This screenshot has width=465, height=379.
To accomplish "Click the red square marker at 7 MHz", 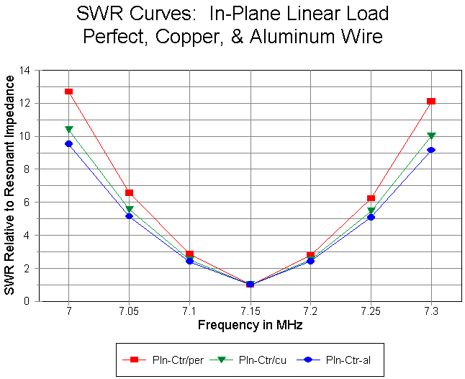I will pos(68,92).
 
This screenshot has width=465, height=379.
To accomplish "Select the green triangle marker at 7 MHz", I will pos(68,130).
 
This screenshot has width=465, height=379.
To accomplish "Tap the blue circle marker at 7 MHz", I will pos(68,144).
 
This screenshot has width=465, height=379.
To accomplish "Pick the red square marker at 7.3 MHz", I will pos(431,101).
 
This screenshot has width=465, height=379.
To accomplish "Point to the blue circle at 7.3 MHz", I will pos(431,150).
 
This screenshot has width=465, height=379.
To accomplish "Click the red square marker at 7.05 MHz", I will pos(129,192).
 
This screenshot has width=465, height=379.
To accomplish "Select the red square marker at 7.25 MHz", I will pos(371,198).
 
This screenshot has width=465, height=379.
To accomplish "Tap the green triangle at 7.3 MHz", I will pos(431,135).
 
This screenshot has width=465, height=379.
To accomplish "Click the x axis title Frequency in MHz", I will pos(250,325).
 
